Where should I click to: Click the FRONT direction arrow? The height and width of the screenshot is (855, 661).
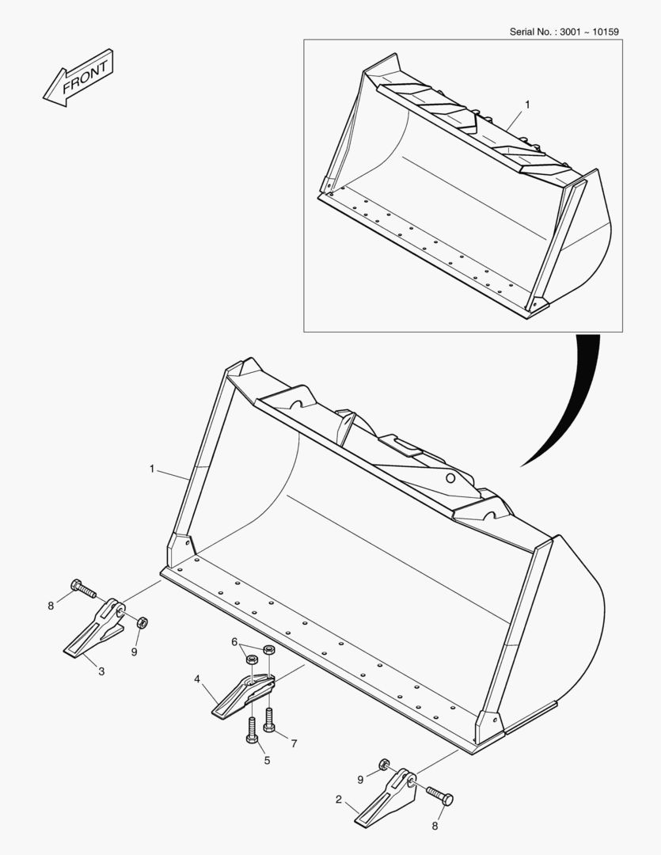[78, 78]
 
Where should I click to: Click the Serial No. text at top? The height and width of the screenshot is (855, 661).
[564, 32]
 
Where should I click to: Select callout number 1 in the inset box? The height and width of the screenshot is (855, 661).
[528, 104]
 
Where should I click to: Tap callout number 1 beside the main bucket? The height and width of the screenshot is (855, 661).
[151, 469]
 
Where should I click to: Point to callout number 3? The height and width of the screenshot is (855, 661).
[101, 671]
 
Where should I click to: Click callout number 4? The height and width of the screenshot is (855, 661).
[196, 678]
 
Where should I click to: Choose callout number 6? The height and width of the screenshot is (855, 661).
[234, 641]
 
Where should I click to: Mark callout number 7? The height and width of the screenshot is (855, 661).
[294, 743]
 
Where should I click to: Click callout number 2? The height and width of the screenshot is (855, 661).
[339, 800]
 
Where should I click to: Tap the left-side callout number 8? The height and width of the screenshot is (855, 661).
[51, 606]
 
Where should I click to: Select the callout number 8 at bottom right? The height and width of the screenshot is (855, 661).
[434, 826]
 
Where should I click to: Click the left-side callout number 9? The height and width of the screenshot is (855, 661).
[134, 652]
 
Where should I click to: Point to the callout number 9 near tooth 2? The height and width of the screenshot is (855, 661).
[360, 779]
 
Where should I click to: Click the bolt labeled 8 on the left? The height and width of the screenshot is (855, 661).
[82, 588]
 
